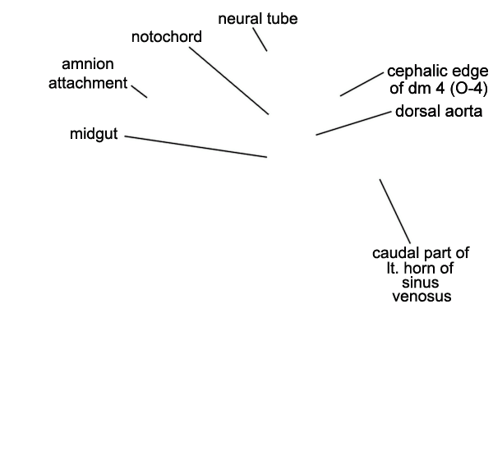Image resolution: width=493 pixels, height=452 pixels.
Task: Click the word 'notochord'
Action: (x=167, y=37)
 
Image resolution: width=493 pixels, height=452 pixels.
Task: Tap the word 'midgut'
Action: (x=94, y=134)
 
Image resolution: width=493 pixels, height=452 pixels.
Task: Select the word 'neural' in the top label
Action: (x=241, y=19)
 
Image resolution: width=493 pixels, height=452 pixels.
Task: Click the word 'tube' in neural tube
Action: (x=283, y=19)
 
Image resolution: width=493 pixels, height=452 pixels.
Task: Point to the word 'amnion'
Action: (x=88, y=64)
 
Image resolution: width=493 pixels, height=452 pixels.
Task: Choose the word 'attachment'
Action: (x=88, y=83)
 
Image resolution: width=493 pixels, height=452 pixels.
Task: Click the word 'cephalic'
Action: (x=416, y=72)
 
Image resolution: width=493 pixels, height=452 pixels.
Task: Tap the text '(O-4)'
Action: (x=469, y=89)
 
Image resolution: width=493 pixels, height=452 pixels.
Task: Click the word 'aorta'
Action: (x=461, y=112)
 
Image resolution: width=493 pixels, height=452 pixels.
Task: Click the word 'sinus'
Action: (x=421, y=283)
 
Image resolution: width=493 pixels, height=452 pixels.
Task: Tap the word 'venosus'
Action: (x=422, y=297)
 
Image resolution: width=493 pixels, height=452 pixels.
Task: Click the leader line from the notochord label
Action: (x=229, y=81)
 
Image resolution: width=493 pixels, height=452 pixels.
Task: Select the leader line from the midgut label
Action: (x=196, y=146)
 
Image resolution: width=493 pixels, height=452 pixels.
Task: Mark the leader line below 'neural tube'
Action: (x=260, y=39)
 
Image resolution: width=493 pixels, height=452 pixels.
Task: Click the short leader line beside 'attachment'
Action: (x=140, y=91)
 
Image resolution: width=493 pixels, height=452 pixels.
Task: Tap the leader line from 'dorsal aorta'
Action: (x=353, y=123)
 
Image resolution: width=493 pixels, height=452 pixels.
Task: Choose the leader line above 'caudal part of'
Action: (x=395, y=211)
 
